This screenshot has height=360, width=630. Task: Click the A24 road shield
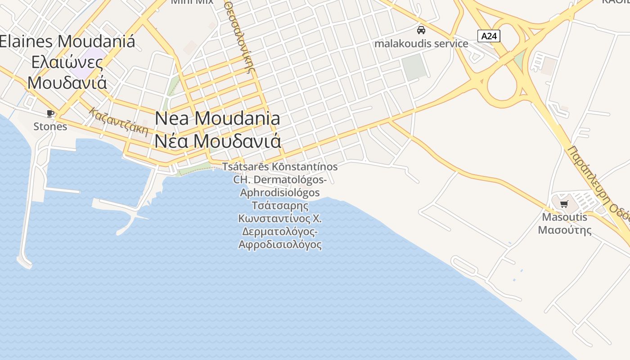tap(489, 36)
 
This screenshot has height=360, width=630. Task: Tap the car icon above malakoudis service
tap(421, 30)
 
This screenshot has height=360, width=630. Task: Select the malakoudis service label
tap(421, 44)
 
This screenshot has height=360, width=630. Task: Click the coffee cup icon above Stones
tap(50, 113)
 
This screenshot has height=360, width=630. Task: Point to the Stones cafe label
tap(50, 126)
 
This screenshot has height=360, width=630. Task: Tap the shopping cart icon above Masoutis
tap(564, 204)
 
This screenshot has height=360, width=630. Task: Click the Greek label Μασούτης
tap(565, 230)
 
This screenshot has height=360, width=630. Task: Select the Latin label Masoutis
tap(565, 217)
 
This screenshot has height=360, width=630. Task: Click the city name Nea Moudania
tap(217, 118)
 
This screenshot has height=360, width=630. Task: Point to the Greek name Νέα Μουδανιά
tap(218, 141)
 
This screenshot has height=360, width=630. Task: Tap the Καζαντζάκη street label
tap(119, 121)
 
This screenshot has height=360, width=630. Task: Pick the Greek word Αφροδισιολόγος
tap(280, 245)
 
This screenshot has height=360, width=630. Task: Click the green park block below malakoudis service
tap(414, 67)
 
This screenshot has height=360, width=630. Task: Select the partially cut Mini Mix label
tap(192, 2)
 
